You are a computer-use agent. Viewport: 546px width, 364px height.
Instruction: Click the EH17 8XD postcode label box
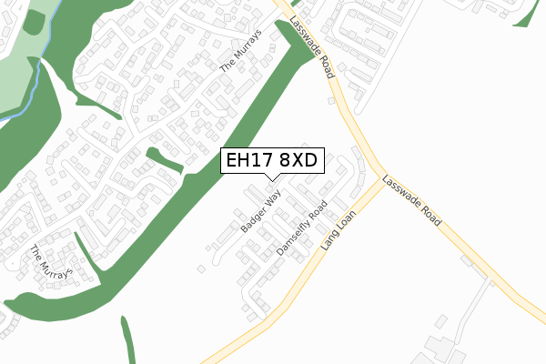270,161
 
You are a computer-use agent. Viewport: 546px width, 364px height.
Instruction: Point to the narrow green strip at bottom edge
128,341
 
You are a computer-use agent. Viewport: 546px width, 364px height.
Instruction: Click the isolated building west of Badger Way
198,267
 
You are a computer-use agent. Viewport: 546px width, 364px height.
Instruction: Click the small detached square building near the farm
441,320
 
